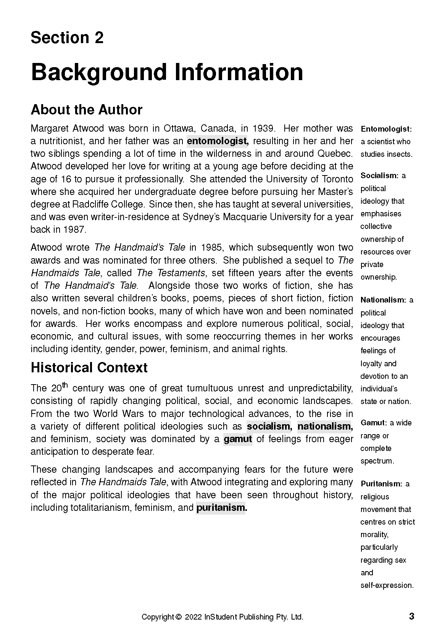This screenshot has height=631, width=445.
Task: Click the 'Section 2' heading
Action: pyautogui.click(x=67, y=38)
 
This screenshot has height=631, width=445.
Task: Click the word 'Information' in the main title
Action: pyautogui.click(x=239, y=72)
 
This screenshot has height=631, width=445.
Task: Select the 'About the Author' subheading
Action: pyautogui.click(x=86, y=110)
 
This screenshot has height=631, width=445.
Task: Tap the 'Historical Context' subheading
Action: pyautogui.click(x=89, y=368)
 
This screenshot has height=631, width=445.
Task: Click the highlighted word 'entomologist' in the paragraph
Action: pyautogui.click(x=218, y=141)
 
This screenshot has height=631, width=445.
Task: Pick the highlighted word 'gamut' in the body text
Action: pyautogui.click(x=238, y=439)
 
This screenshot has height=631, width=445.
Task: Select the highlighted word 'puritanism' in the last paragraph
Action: pyautogui.click(x=221, y=508)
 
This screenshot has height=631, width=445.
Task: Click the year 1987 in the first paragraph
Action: pyautogui.click(x=75, y=230)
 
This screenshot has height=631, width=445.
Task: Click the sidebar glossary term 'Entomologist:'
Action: pyautogui.click(x=386, y=129)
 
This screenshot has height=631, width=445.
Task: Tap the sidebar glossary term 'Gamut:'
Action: pyautogui.click(x=374, y=423)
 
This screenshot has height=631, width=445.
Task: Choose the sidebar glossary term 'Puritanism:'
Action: pyautogui.click(x=381, y=484)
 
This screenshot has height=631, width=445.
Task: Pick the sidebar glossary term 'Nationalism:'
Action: pyautogui.click(x=384, y=300)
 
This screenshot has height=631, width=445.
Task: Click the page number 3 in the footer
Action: pyautogui.click(x=411, y=616)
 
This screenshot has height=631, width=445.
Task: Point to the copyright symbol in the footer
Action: pyautogui.click(x=178, y=617)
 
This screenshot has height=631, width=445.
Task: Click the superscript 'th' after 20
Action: pyautogui.click(x=65, y=385)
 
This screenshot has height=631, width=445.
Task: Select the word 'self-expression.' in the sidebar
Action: pyautogui.click(x=387, y=585)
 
